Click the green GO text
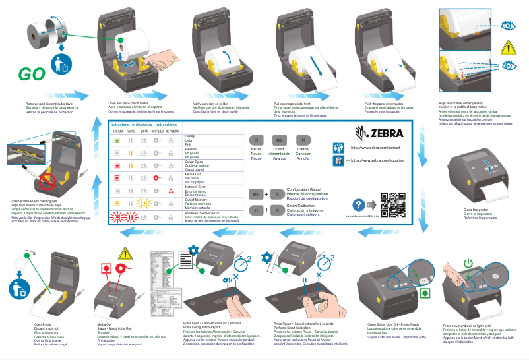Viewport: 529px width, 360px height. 32,73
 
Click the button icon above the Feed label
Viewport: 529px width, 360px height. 280,140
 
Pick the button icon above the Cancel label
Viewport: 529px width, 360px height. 303,140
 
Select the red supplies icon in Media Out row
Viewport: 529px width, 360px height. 157,178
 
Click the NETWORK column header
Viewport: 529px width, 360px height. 171,131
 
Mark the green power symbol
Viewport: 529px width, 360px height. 468,262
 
